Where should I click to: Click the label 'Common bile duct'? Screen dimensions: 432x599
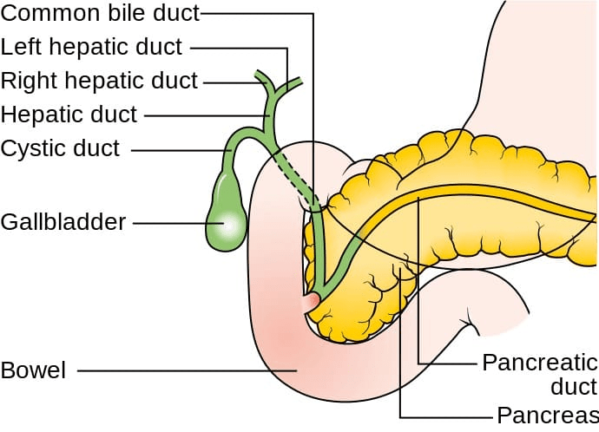[x=100, y=13]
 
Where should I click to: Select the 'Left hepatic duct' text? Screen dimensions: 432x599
[x=92, y=47]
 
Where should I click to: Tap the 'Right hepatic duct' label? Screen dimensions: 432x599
[x=99, y=82]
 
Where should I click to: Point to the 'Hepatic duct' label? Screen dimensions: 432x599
[x=69, y=114]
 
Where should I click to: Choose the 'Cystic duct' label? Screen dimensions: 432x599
[x=60, y=147]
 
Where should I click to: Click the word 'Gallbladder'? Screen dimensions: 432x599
[x=63, y=222]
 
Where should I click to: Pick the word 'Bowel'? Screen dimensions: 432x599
[x=33, y=370]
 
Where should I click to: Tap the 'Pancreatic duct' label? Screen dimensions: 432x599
[x=539, y=373]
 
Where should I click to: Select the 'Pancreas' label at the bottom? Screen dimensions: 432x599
[x=547, y=413]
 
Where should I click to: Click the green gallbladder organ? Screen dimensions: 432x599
[x=225, y=208]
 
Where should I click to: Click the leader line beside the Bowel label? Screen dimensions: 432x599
[x=182, y=371]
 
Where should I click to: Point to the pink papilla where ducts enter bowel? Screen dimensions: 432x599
[x=310, y=303]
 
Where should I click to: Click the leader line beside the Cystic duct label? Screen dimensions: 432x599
[x=178, y=149]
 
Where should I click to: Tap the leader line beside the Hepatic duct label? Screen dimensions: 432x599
[x=204, y=115]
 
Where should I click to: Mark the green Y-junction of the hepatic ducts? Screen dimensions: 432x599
[x=273, y=94]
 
